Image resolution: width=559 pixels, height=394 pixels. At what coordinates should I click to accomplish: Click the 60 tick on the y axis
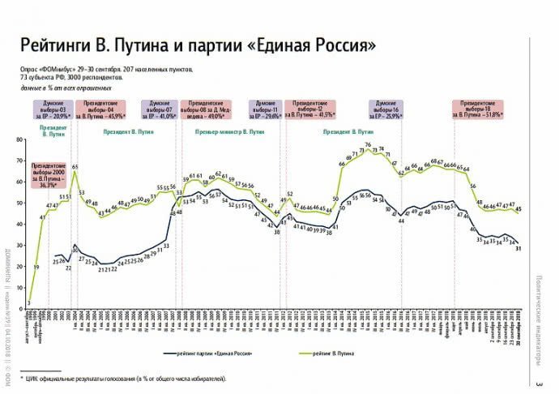20,181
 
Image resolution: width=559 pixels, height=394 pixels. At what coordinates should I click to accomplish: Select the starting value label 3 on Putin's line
28,302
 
